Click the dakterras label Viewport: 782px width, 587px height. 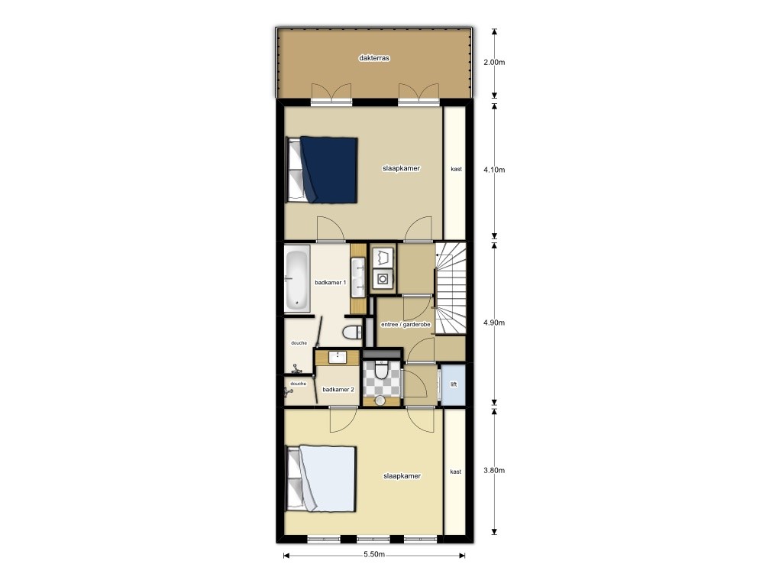tap(374, 58)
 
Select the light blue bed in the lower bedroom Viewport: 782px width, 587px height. tap(327, 479)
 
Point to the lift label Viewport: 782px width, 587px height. tap(454, 384)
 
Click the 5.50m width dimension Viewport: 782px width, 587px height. tap(373, 555)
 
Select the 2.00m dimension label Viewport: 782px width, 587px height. tap(495, 63)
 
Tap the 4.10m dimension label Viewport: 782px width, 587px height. tap(495, 170)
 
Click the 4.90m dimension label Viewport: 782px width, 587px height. tap(495, 323)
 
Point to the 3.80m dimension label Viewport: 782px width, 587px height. tap(495, 471)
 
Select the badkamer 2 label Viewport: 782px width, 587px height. tap(338, 390)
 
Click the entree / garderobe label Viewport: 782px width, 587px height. tap(406, 325)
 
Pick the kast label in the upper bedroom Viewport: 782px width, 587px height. tap(456, 169)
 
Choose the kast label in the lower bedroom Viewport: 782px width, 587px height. tap(456, 472)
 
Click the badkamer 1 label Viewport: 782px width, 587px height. tap(331, 283)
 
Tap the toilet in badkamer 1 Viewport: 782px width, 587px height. tap(353, 332)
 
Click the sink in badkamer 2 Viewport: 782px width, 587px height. tap(338, 357)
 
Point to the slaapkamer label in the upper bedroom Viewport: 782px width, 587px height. tap(402, 168)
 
